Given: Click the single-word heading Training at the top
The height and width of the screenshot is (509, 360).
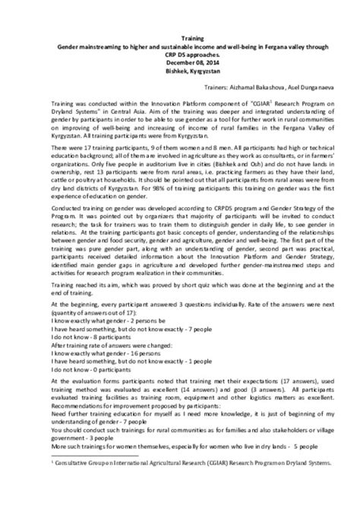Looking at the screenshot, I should pos(179,36).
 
